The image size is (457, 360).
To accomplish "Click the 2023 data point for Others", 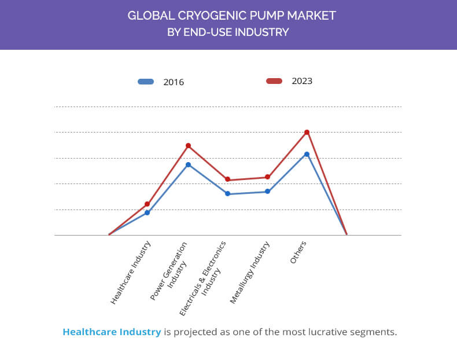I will point(307,133).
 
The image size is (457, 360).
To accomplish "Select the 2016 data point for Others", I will point(307,154).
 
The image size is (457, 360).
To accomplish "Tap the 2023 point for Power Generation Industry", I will point(188,146).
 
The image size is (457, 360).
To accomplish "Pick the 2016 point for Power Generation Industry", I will point(188,165).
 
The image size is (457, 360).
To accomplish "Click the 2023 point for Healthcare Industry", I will point(148,204).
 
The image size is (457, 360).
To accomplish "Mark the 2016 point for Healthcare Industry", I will point(148,213).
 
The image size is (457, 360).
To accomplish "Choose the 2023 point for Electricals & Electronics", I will point(228,180).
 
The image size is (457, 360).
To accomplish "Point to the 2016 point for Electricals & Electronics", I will point(228,194).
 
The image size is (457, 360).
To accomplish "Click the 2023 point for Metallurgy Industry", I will point(267,177).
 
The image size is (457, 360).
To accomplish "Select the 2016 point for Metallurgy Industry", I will point(267,192).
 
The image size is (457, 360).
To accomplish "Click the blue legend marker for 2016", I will point(146,82).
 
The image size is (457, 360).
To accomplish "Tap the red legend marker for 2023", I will point(274,81).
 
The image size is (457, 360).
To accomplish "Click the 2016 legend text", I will point(174,82).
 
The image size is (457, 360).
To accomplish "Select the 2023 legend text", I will point(302,81).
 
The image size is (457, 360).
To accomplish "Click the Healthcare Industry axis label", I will point(131,272).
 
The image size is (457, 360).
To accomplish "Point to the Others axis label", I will point(298,252).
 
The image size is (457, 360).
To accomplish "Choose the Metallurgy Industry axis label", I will point(250,273).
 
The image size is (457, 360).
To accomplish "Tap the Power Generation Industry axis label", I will point(171,271).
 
